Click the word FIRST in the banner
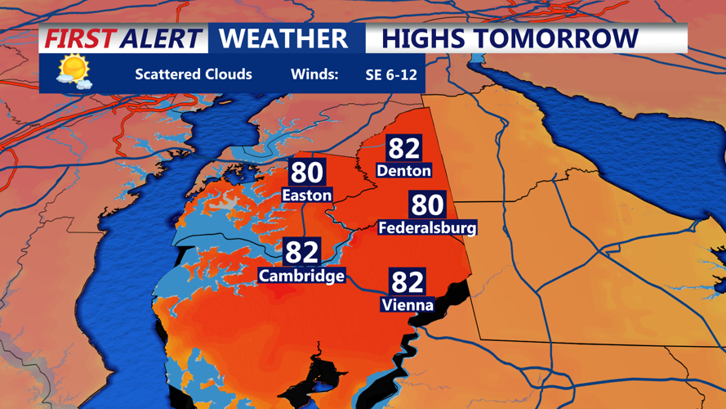point(80,38)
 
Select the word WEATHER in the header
point(283,38)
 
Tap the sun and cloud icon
point(73,71)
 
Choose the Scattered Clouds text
point(194,74)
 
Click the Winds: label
point(314,74)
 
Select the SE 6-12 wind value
point(391,74)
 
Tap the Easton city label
point(306,195)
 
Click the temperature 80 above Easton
point(307,173)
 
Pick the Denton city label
point(403,170)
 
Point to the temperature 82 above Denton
point(403,148)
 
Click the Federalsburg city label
point(427,227)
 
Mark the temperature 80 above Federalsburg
point(426,204)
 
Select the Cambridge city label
point(301,276)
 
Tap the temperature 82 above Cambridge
point(301,252)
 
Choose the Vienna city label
point(407,305)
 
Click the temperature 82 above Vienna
point(407,282)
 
